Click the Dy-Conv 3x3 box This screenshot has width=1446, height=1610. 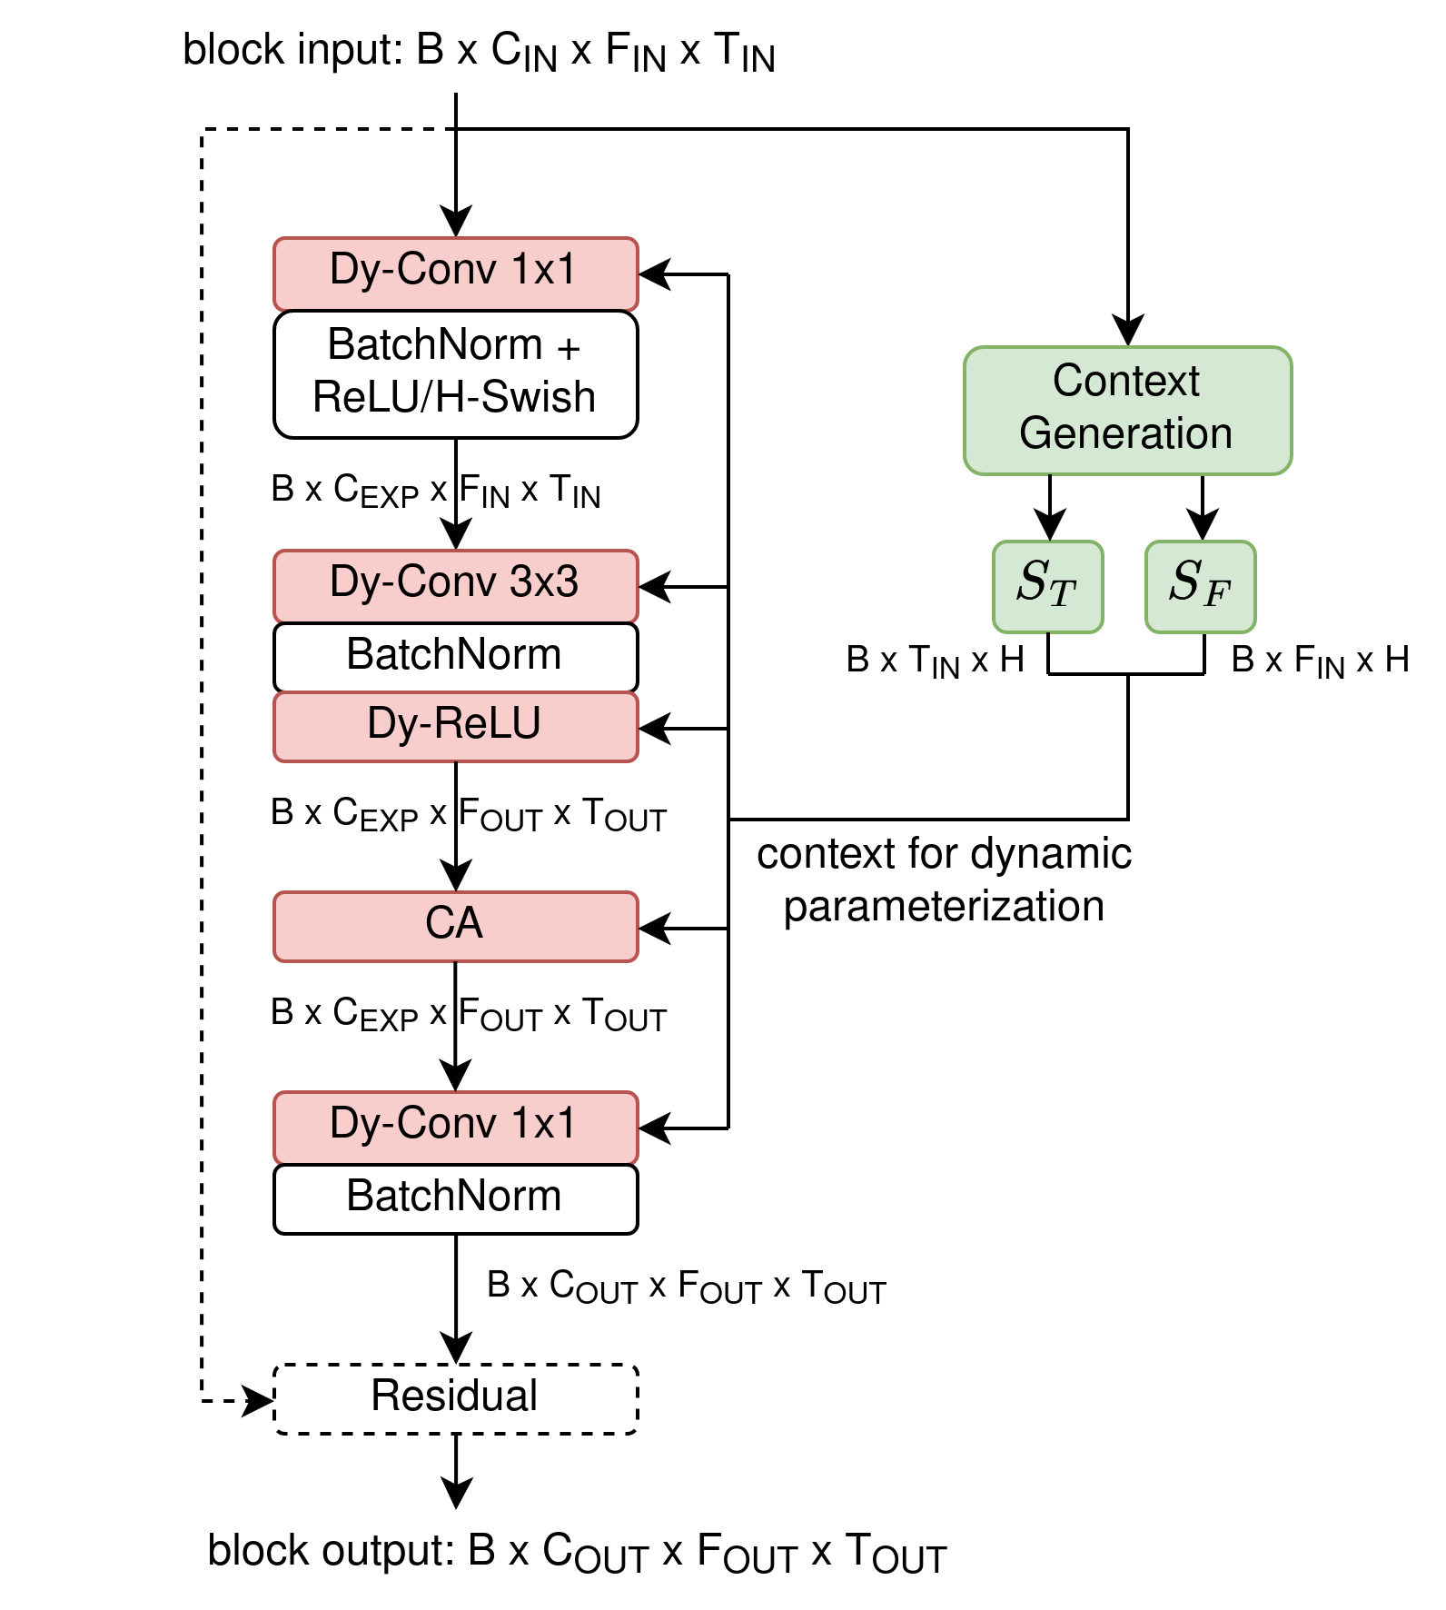[455, 586]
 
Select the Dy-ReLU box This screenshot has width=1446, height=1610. [455, 726]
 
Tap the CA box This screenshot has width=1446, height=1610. [455, 926]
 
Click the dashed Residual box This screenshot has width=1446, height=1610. [455, 1398]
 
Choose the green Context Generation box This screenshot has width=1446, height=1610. [1127, 410]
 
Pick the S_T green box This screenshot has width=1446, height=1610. [1047, 586]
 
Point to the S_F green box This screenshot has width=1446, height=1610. [1200, 586]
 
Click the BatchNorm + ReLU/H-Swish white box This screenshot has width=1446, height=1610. [455, 373]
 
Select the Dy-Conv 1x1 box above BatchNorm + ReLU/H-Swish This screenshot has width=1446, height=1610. [455, 273]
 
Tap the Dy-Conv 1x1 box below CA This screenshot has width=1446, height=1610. [455, 1127]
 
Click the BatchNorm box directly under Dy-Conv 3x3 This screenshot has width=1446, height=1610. [455, 656]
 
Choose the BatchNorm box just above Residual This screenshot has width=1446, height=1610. [455, 1198]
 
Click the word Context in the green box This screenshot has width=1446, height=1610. [1125, 381]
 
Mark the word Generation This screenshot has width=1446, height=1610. [1125, 433]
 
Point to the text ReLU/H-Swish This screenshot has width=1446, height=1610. [453, 398]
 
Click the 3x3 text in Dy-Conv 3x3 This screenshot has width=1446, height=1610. [543, 581]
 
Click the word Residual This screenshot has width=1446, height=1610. [454, 1396]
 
